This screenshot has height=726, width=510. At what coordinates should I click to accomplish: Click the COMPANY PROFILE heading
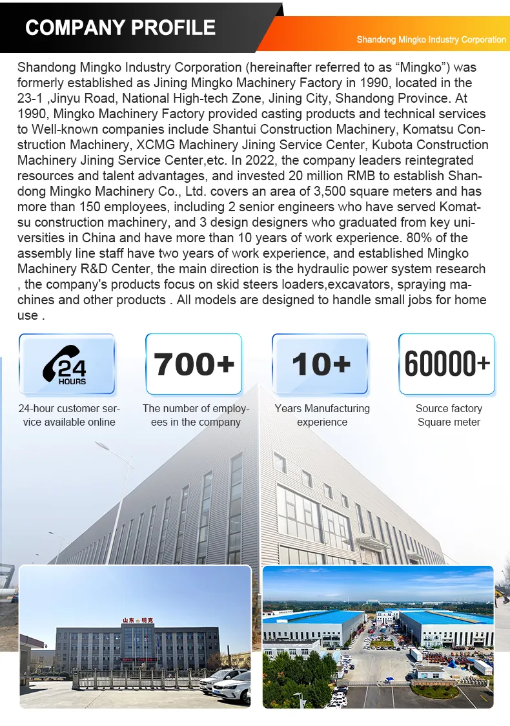pos(120,27)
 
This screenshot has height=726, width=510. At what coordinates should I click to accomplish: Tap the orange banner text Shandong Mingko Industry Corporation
pos(431,39)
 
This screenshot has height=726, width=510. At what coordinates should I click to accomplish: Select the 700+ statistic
pos(194,364)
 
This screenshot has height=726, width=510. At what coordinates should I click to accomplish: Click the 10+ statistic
pos(320,364)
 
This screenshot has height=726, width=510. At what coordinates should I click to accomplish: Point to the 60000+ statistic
pos(447,364)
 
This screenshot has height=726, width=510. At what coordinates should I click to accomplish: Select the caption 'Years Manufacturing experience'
pos(322,415)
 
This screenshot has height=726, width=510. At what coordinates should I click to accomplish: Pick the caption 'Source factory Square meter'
pos(449,415)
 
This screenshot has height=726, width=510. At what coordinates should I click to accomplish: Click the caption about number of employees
pos(196,415)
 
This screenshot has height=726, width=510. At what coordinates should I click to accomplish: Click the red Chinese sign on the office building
pos(138,621)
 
